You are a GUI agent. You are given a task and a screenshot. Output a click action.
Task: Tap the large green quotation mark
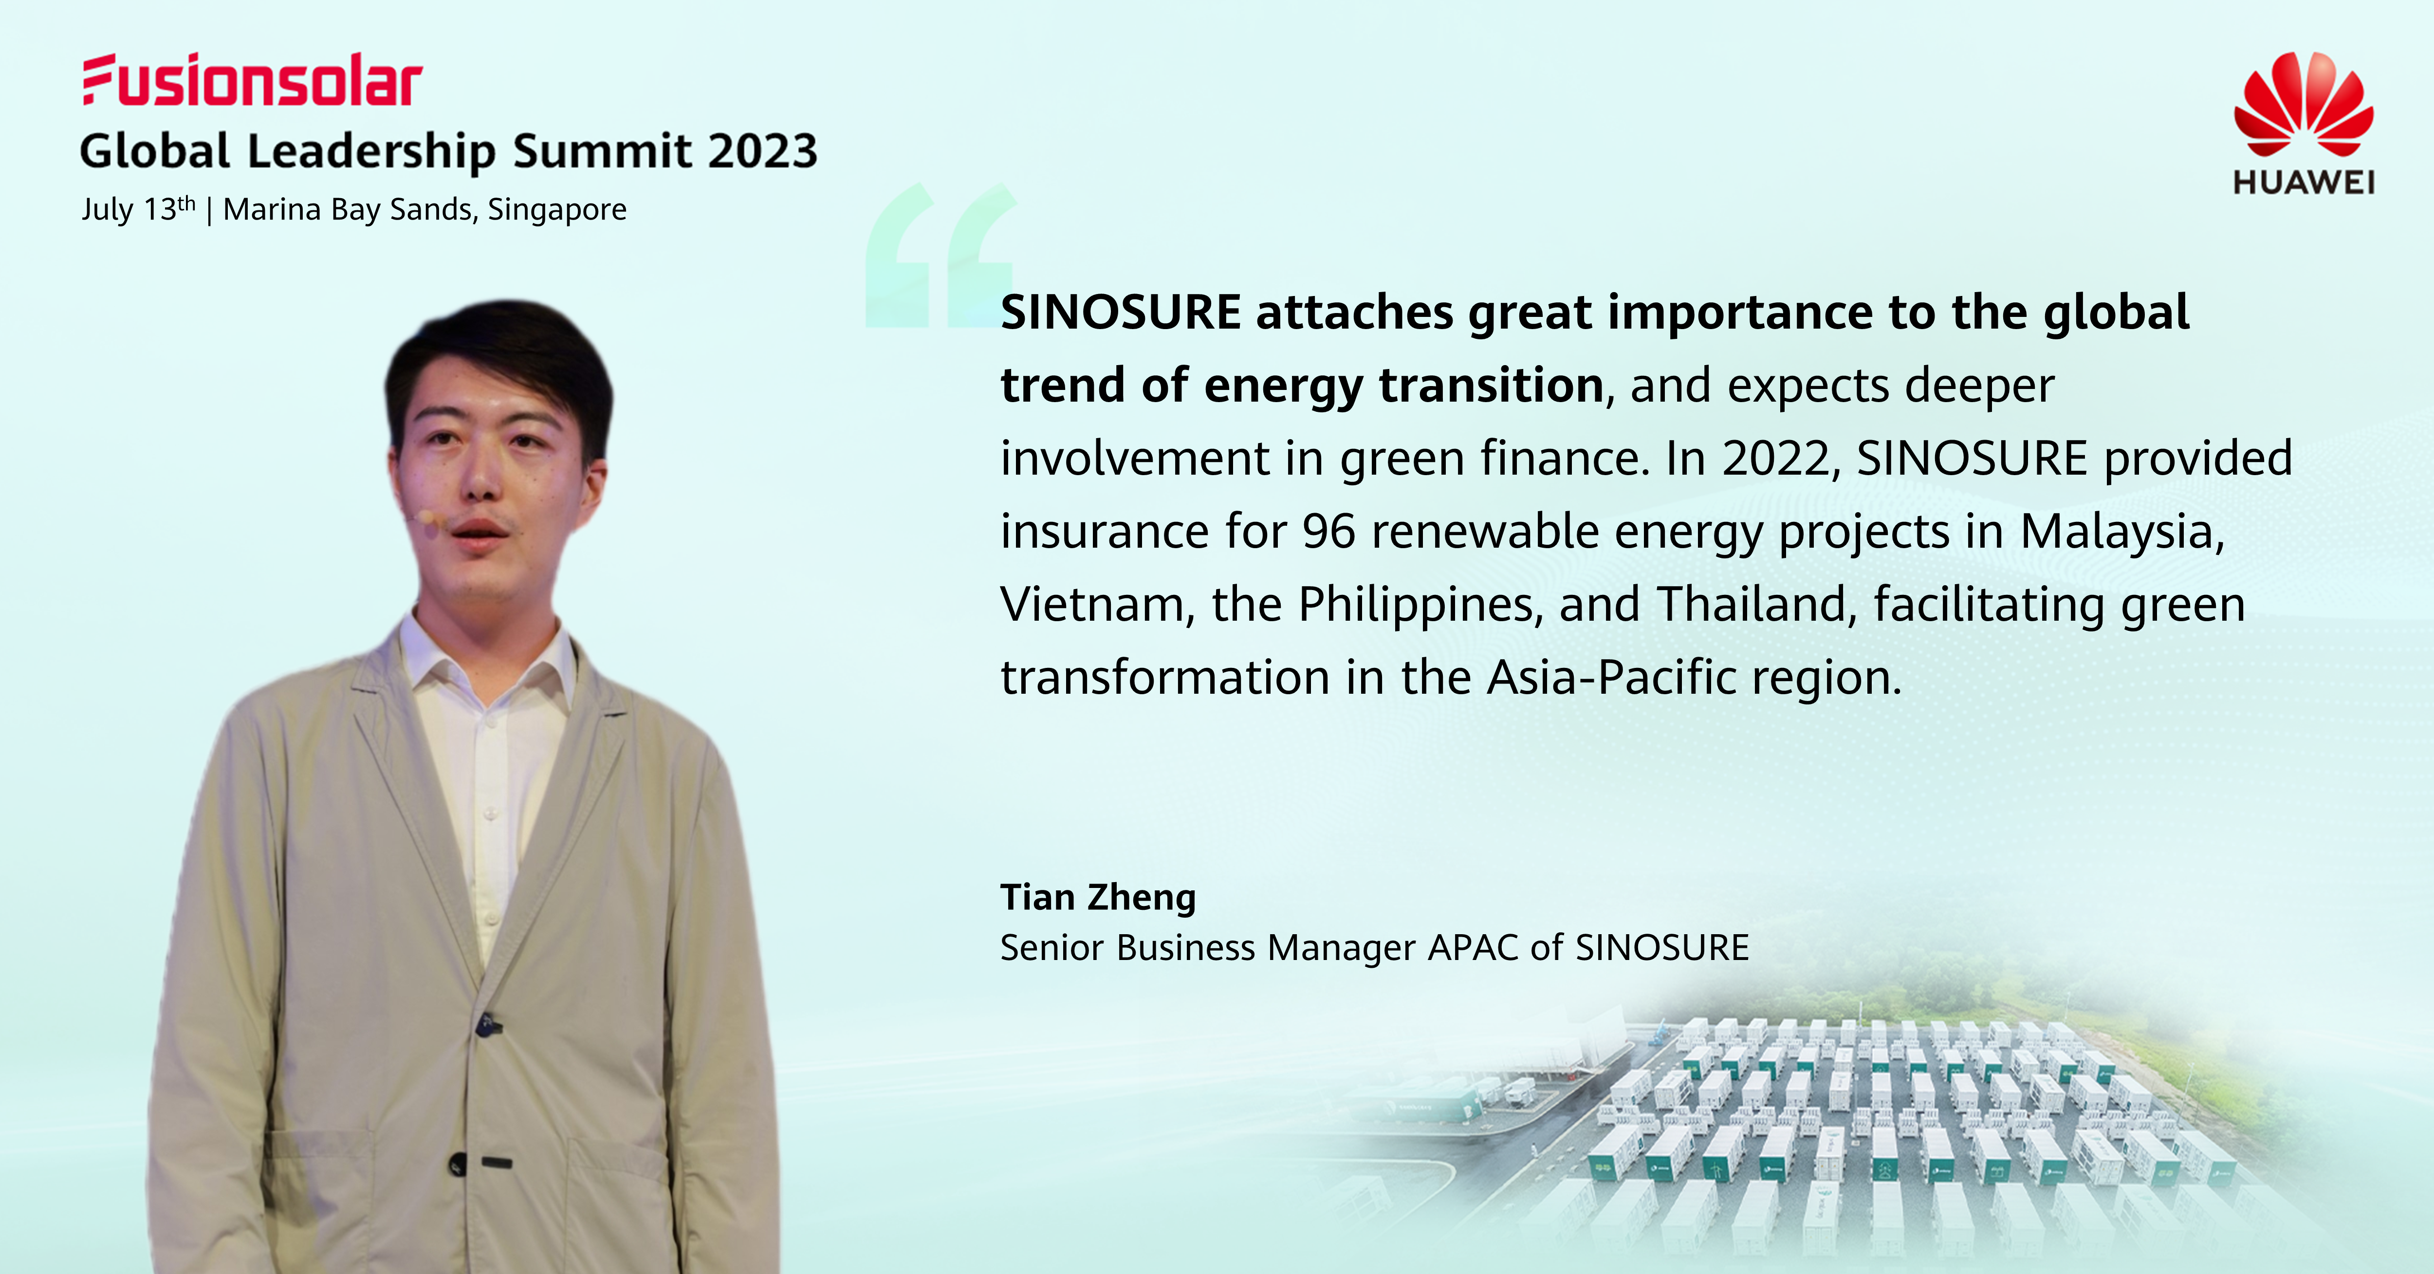click(x=940, y=255)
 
